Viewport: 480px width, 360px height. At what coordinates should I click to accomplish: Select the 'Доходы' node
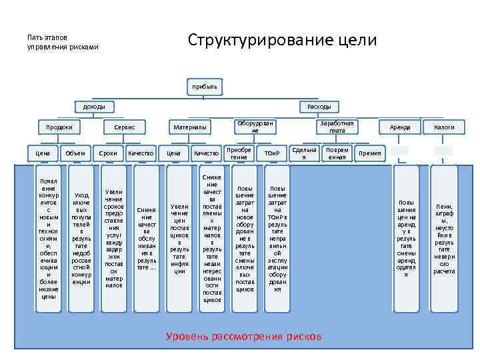point(93,107)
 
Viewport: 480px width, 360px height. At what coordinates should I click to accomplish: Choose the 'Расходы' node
point(319,107)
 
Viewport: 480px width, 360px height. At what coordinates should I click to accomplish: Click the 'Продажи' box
point(59,127)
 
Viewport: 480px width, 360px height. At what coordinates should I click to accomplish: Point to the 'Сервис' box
point(125,127)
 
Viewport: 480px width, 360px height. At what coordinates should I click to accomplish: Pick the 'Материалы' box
point(190,127)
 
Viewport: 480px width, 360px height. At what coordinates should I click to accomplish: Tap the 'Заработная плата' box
point(337,127)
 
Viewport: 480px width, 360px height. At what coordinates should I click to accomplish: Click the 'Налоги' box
point(444,127)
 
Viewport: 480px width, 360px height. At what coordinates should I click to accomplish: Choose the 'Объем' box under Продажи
point(75,153)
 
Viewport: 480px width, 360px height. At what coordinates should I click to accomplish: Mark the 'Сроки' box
point(108,153)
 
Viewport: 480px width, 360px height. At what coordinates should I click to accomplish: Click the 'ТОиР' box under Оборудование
point(271,153)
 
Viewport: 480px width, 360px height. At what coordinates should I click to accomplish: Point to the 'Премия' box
point(370,153)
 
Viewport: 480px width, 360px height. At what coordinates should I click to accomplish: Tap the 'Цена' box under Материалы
point(173,153)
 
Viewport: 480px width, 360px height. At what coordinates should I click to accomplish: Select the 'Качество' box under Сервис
point(141,153)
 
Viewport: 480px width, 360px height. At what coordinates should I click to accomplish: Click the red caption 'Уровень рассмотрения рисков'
point(243,337)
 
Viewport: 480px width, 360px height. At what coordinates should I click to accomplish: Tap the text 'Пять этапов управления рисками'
point(62,42)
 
